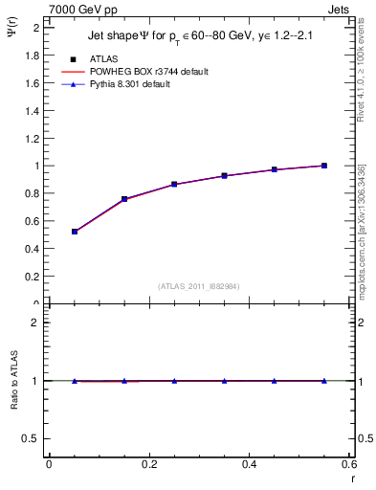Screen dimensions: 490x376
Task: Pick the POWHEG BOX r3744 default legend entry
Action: pos(146,72)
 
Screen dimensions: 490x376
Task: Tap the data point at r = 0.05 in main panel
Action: pos(75,232)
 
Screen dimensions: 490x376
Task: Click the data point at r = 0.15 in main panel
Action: pos(124,199)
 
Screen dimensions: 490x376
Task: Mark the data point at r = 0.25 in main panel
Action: pos(174,184)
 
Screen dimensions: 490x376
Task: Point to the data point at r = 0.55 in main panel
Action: pos(324,166)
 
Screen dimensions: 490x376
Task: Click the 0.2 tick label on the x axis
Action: pos(148,463)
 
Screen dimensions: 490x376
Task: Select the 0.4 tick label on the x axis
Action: pos(249,463)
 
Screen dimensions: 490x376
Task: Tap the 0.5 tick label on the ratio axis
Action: pos(32,438)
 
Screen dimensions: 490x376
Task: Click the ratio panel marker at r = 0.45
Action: pos(275,381)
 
